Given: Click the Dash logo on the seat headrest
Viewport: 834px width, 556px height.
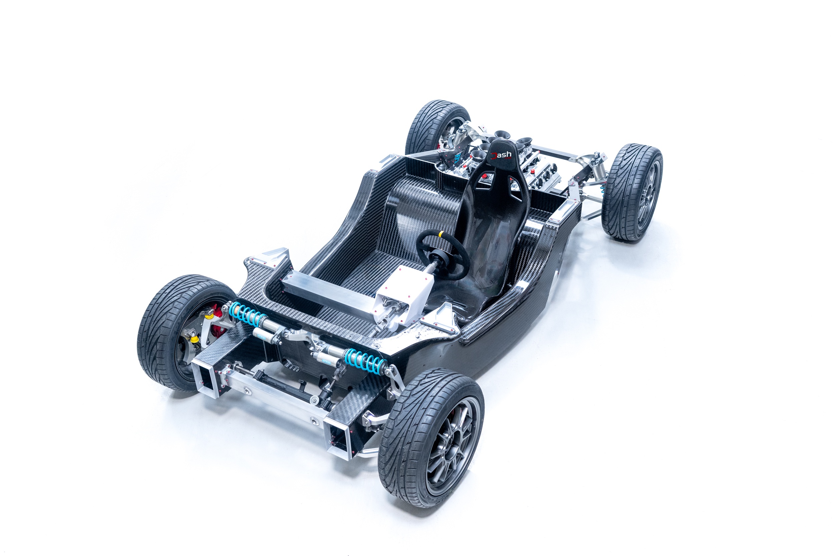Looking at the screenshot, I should pos(501,155).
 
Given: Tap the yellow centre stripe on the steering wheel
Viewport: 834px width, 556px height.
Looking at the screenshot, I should pos(441,234).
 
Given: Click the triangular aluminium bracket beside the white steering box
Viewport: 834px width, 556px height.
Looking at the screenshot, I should pos(444,317).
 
